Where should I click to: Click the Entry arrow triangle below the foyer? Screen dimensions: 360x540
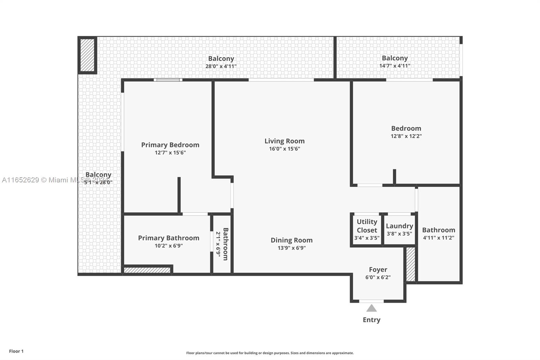point(372,308)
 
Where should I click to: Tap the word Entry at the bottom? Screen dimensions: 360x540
point(372,320)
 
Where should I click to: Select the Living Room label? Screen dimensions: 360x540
point(285,141)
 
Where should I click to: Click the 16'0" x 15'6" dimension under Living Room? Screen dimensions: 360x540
point(285,149)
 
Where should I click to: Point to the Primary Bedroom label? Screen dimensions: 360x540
point(170,145)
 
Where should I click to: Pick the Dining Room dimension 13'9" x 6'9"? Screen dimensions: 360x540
point(292,248)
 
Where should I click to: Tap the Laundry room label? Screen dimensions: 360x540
point(399,226)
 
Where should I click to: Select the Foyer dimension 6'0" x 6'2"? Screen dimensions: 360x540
point(378,278)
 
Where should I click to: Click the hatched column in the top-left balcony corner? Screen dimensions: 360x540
point(87,55)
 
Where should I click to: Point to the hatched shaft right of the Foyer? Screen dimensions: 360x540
point(410,264)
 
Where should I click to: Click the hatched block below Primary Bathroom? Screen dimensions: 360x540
point(147,270)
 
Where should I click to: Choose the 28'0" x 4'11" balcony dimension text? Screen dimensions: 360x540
point(221,66)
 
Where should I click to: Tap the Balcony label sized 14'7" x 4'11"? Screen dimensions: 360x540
point(395,58)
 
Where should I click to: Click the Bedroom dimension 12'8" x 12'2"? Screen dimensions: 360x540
point(406,136)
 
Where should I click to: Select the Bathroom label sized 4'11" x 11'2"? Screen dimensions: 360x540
point(438,230)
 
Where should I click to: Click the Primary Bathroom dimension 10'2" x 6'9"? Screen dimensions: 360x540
point(169,246)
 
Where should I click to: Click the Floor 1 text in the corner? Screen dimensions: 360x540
point(16,351)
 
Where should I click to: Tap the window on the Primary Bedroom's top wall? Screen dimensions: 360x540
point(168,80)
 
